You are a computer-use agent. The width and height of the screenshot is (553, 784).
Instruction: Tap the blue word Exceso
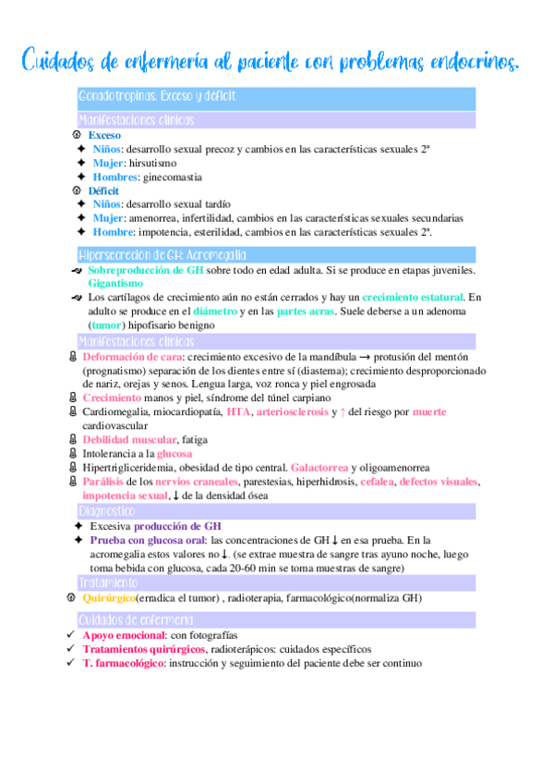pos(104,135)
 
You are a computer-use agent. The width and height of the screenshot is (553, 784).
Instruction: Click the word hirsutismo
pos(152,163)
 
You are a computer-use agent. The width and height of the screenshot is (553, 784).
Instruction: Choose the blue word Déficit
pos(104,190)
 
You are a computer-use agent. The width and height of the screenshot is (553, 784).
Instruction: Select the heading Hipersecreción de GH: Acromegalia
pos(162,254)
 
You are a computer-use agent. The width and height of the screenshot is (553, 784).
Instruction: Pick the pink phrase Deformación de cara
pos(129,356)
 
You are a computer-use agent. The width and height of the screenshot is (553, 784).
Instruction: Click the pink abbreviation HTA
pos(238,411)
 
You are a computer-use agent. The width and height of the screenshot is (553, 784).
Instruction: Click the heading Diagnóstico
pos(106,510)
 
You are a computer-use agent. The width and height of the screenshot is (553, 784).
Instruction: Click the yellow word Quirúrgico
pos(109,598)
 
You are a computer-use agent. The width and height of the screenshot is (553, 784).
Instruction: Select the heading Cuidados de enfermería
pos(136,619)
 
